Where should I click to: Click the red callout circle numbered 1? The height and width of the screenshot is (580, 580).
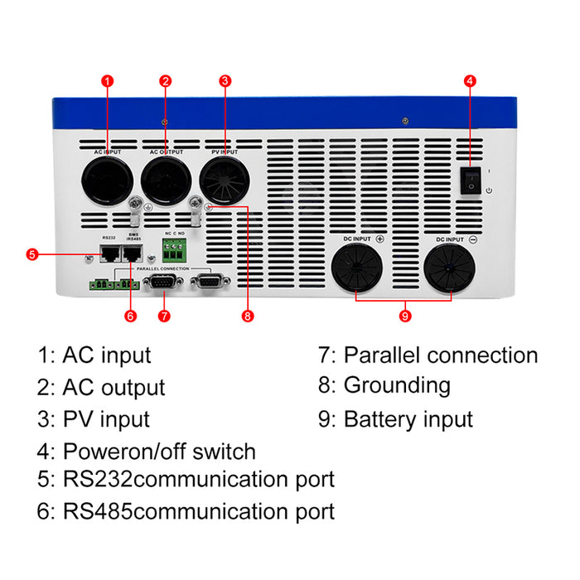coord(106,81)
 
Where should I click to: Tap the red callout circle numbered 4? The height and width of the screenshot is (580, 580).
coord(470,81)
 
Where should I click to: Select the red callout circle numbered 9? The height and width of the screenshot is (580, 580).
coord(404,316)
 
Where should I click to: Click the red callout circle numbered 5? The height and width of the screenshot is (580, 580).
coord(31,254)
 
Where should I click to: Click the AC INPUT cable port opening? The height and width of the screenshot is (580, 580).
coord(107,178)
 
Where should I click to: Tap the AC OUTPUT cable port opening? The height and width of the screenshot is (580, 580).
coord(166,178)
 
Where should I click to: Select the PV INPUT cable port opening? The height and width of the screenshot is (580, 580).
coord(225,178)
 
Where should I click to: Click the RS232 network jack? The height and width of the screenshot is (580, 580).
coord(108,254)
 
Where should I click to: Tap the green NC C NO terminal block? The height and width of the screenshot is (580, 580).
coord(175,249)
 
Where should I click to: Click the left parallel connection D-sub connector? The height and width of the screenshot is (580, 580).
coord(162,284)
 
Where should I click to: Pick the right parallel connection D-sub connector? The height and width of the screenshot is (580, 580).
coord(209,284)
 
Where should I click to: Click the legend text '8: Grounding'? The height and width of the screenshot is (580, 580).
coord(384,385)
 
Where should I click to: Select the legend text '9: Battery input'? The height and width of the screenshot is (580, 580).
coord(395,418)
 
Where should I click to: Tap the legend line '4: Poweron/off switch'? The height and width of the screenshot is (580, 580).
coord(147,452)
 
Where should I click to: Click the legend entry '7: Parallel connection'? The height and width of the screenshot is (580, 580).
coord(428,355)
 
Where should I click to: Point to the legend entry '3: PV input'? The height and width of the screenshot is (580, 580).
coord(94,418)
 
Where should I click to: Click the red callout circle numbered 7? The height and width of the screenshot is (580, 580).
coord(164,316)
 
